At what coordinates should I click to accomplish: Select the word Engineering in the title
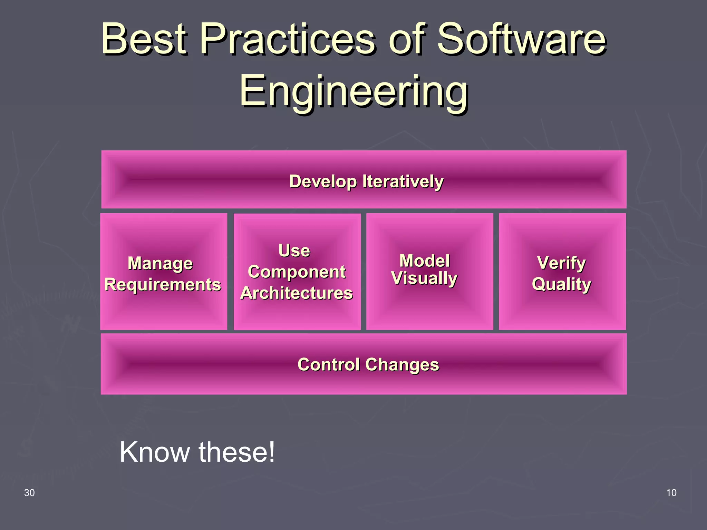[x=354, y=91]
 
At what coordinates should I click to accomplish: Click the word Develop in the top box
[x=322, y=181]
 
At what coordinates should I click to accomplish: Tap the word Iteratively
[x=403, y=181]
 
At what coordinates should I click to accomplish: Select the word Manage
[x=160, y=264]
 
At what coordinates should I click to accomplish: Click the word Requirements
[x=163, y=285]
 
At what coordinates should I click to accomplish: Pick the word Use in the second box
[x=294, y=250]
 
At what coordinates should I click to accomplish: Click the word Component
[x=297, y=272]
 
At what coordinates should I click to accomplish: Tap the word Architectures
[x=297, y=293]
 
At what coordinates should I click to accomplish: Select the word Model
[x=424, y=261]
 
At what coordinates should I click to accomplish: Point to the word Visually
[x=424, y=278]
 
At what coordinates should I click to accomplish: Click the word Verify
[x=561, y=263]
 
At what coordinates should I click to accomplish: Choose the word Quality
[x=561, y=284]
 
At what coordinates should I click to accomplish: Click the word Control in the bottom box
[x=329, y=365]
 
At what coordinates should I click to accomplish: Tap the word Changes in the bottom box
[x=402, y=365]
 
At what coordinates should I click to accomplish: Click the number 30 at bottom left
[x=29, y=493]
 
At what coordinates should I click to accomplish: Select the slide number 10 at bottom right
[x=671, y=493]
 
